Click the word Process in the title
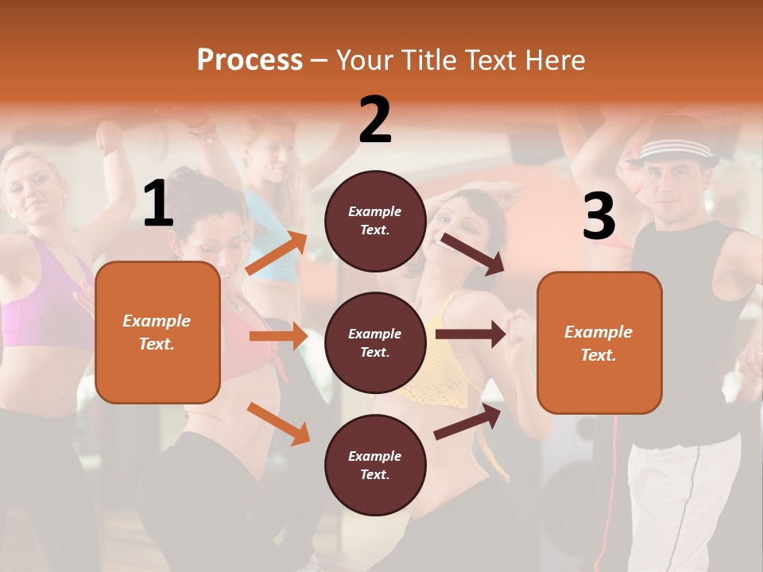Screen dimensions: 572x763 coord(250,60)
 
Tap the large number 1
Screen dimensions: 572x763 coord(158,204)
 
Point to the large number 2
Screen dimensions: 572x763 coord(375,120)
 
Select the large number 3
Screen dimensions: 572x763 coord(598,215)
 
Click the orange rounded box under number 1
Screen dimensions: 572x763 coord(157,332)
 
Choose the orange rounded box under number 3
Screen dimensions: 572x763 coord(599,342)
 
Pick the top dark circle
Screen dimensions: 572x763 coord(375,221)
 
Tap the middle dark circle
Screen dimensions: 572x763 coord(375,342)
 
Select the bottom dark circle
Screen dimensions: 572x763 coord(375,465)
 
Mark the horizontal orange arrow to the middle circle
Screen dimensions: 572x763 coord(278,336)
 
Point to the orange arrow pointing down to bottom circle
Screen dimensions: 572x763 coord(278,423)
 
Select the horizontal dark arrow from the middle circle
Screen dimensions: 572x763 coord(470,334)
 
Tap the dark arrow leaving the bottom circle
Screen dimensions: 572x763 coord(467,422)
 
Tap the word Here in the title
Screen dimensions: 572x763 coord(556,60)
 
